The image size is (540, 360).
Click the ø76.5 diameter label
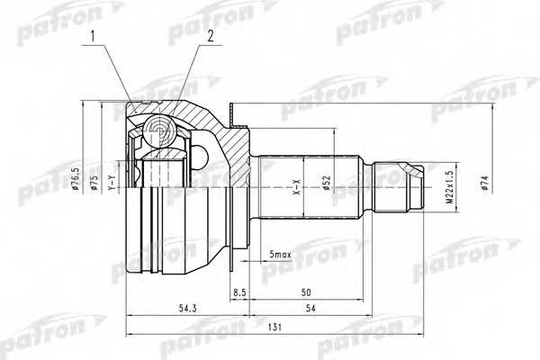(79, 176)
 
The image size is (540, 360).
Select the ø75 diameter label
(94, 183)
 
